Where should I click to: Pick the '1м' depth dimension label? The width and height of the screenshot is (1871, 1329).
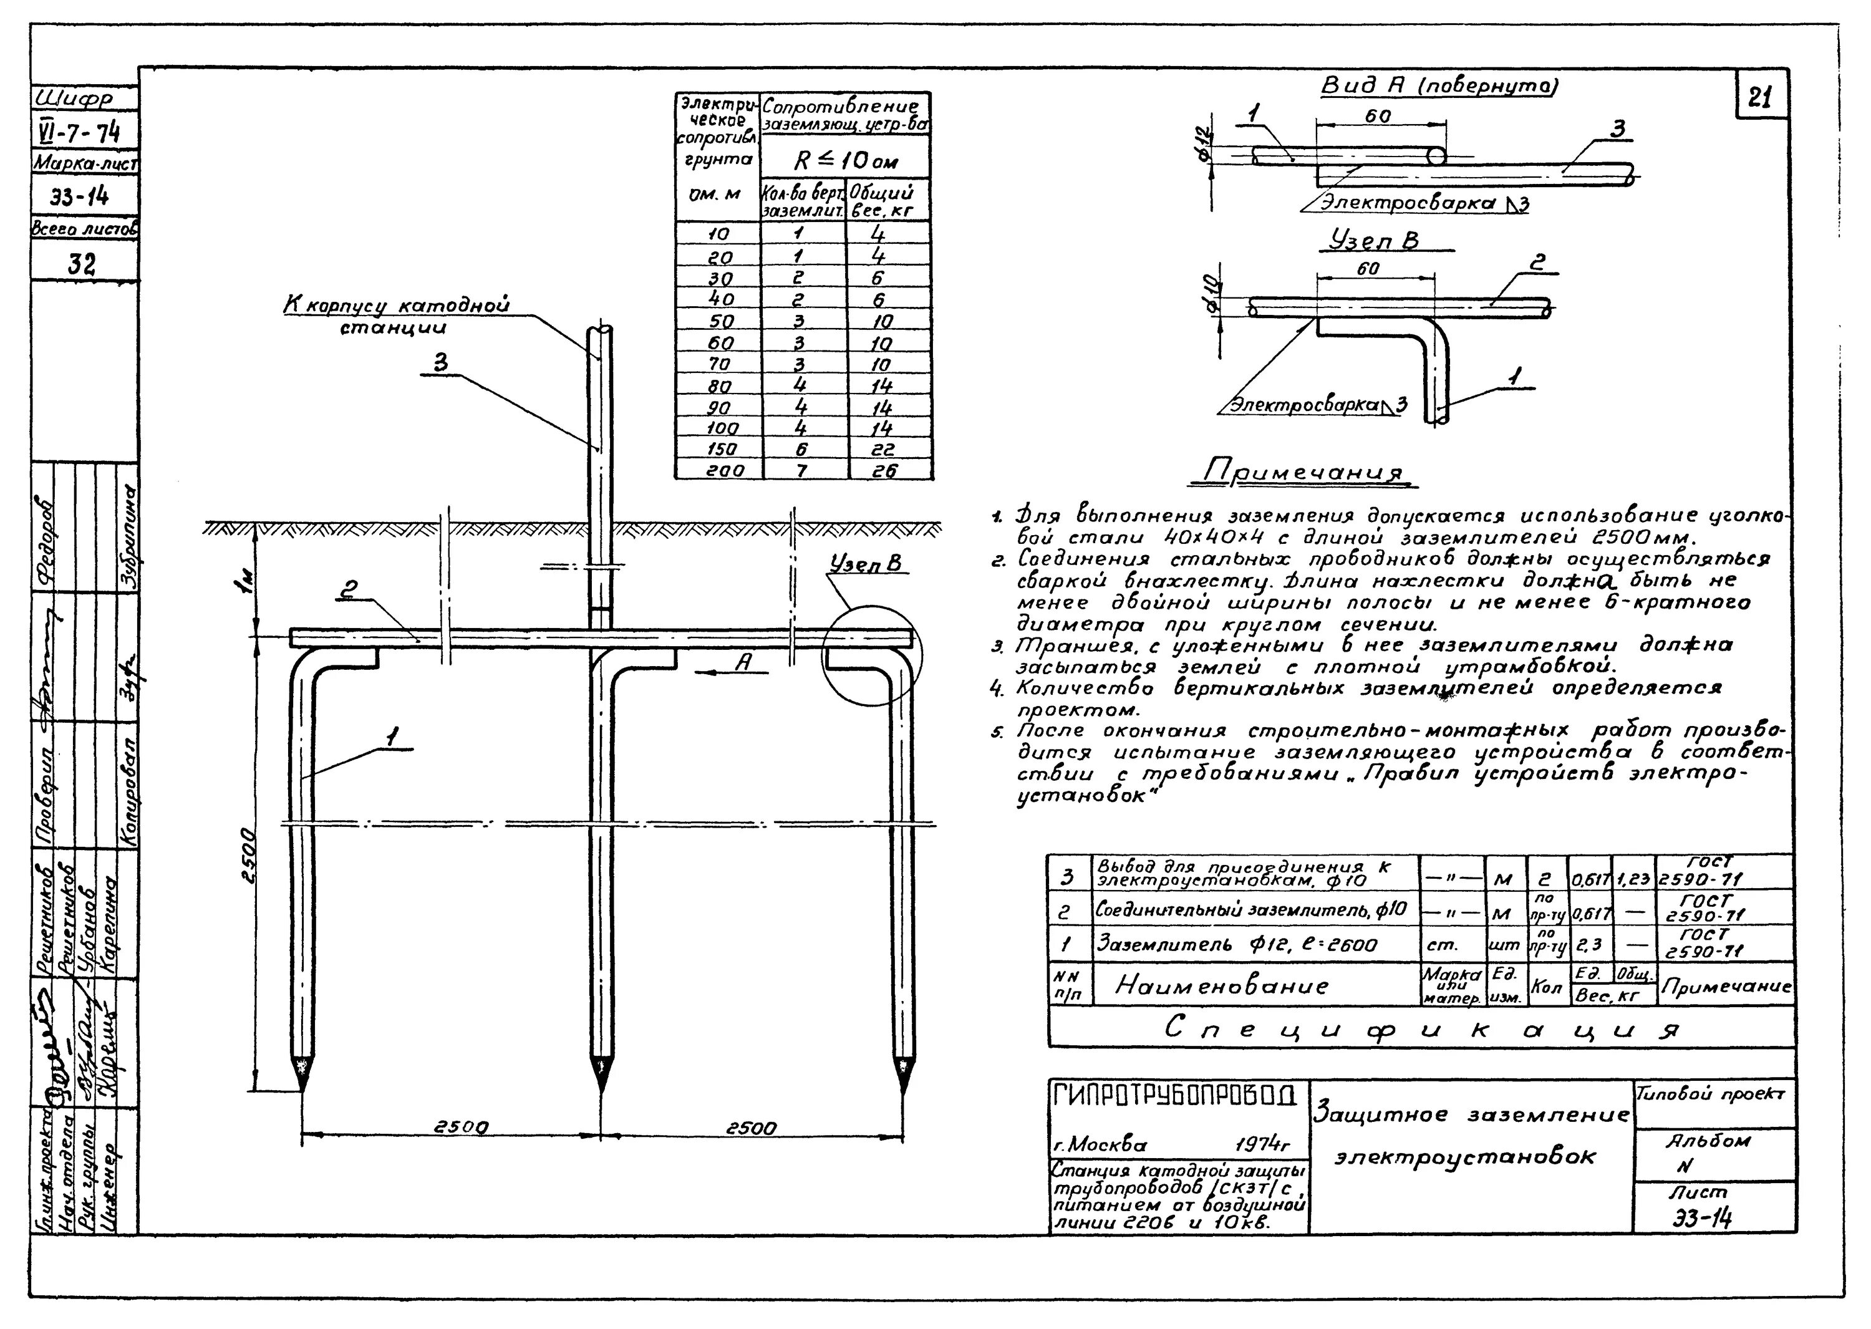coord(246,579)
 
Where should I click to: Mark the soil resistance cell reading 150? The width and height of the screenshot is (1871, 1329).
coord(720,449)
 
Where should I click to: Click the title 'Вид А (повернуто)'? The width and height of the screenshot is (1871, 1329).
coord(1439,87)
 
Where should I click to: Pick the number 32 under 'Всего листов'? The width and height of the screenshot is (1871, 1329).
coord(83,264)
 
